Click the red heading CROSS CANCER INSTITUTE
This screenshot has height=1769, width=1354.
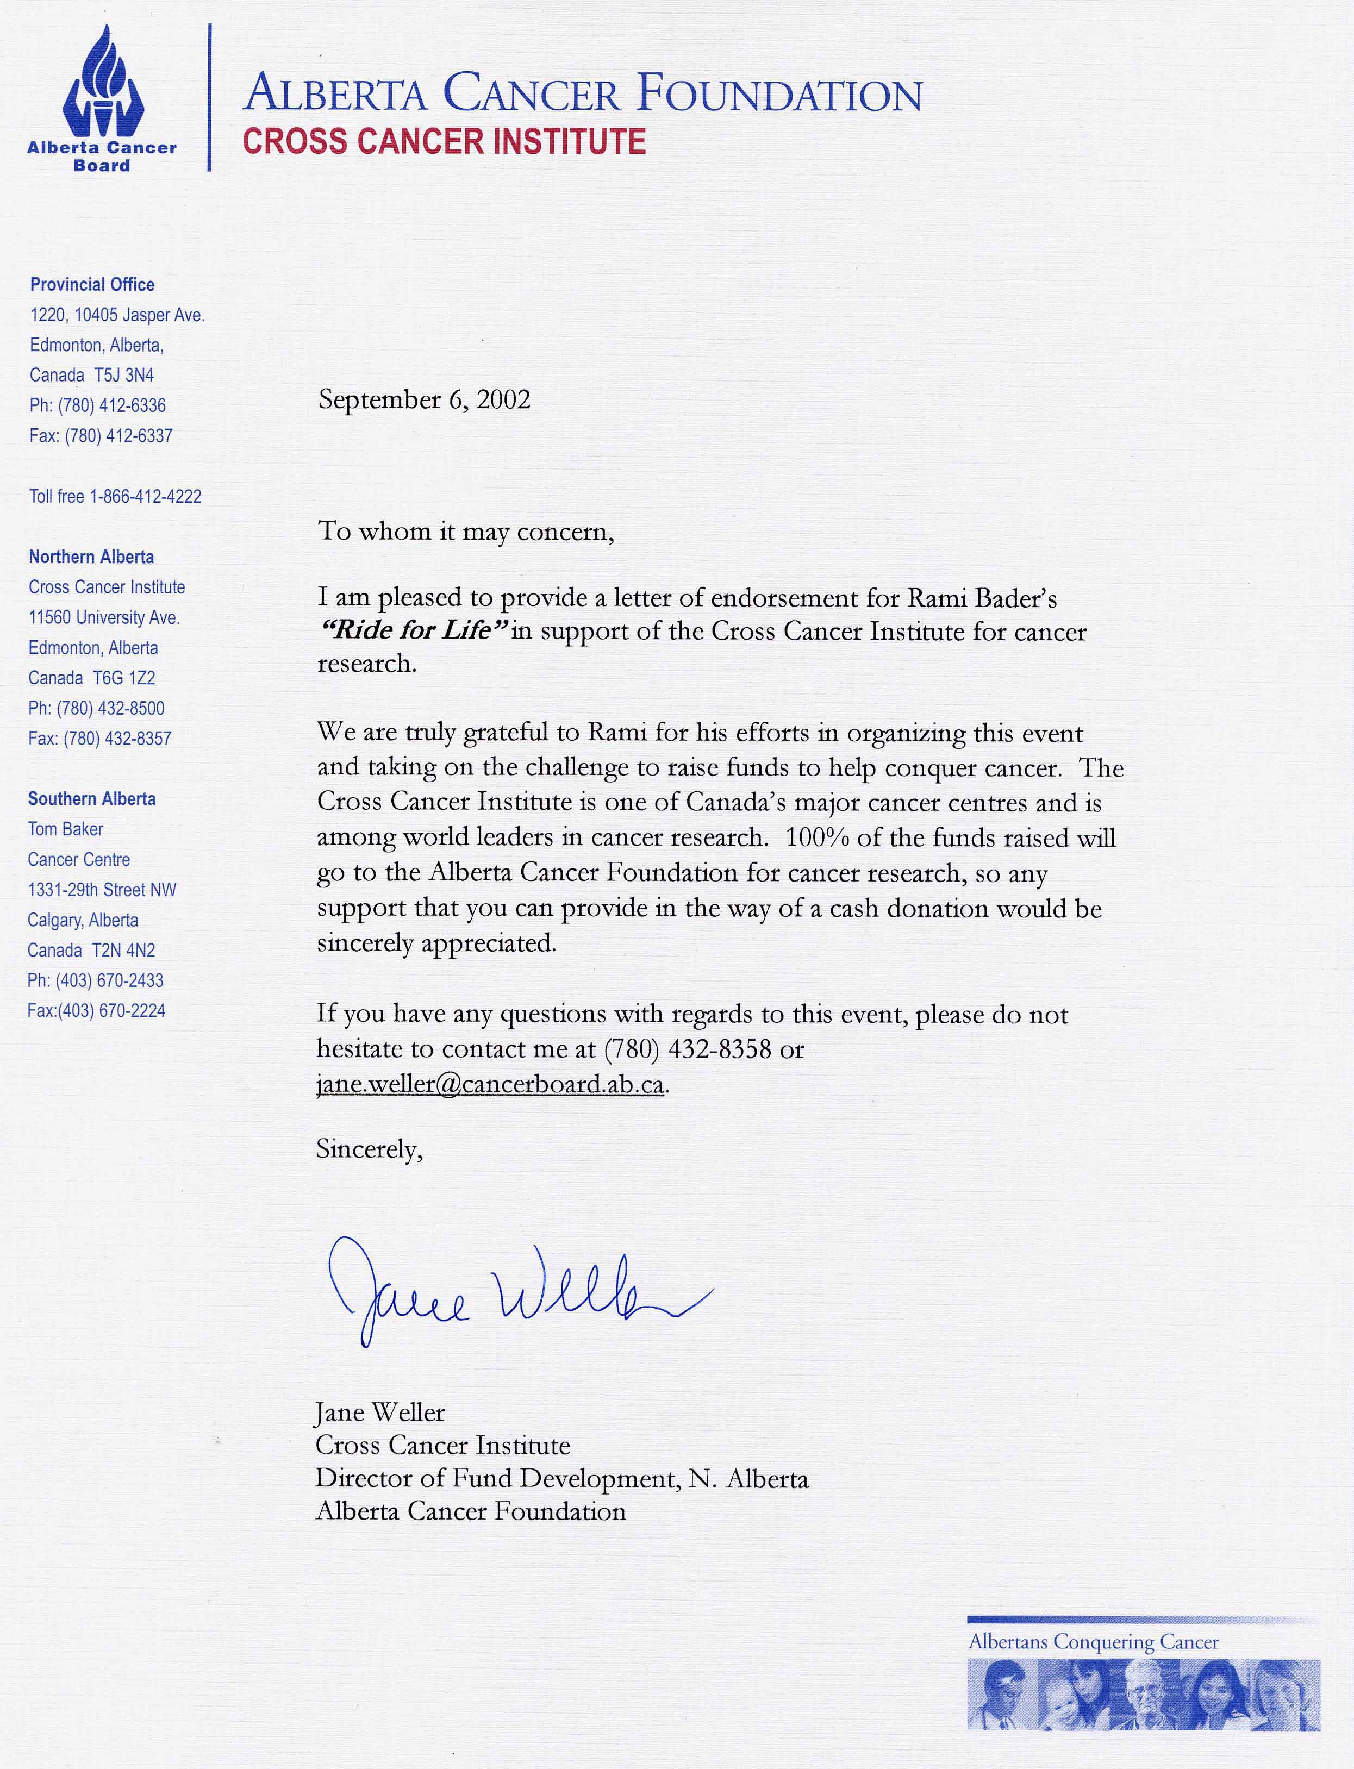[444, 142]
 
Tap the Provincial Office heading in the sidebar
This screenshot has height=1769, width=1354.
[92, 284]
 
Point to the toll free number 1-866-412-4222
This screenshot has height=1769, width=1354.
[145, 496]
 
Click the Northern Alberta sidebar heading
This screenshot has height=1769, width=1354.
[91, 557]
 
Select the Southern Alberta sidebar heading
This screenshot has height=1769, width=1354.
[92, 799]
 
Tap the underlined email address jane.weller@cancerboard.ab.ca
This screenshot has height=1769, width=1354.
[490, 1085]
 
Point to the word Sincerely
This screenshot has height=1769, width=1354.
[369, 1149]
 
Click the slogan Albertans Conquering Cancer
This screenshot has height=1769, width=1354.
[1093, 1642]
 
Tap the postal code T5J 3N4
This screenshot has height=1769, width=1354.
[123, 376]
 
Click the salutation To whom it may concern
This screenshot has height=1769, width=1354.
[466, 532]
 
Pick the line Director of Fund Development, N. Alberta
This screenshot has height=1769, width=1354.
[561, 1479]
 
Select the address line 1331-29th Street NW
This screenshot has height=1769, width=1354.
[102, 890]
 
